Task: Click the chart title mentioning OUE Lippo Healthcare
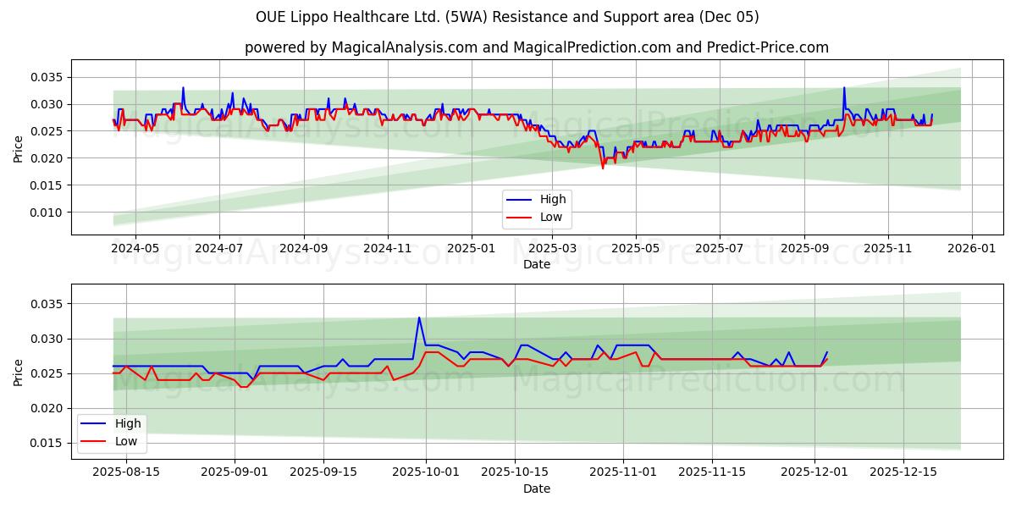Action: click(x=507, y=17)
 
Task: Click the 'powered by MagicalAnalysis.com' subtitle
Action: click(x=536, y=47)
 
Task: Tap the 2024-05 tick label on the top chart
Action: click(x=135, y=249)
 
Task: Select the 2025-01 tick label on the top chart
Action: click(x=471, y=249)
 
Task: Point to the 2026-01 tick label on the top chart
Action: click(x=971, y=249)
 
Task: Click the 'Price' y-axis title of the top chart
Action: click(x=19, y=149)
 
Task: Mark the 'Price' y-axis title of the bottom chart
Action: click(x=19, y=373)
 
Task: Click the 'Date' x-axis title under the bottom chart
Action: click(x=536, y=489)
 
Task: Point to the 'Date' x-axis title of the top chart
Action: click(x=536, y=264)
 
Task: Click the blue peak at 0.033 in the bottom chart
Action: click(x=418, y=317)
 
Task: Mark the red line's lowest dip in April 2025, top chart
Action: click(x=603, y=168)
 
